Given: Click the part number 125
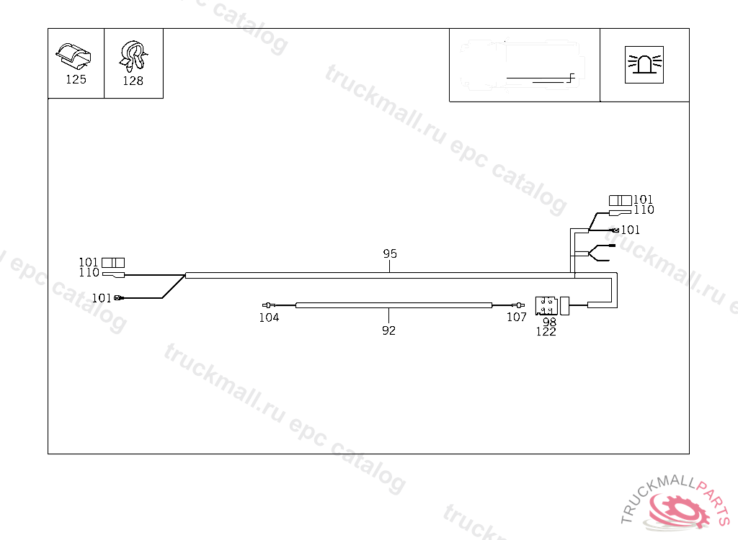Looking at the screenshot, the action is [x=76, y=79].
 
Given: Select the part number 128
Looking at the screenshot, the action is [x=133, y=81].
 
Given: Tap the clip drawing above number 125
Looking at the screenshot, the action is [x=74, y=56].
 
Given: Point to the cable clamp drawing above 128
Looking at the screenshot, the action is [x=133, y=56].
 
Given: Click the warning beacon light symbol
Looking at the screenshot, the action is [x=644, y=65].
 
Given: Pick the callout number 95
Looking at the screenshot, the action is [x=390, y=253].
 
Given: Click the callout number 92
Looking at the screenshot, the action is [x=388, y=330].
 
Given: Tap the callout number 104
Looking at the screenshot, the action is [x=269, y=318].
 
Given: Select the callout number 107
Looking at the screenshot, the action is [x=516, y=317].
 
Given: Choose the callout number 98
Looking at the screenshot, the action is [x=549, y=322].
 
